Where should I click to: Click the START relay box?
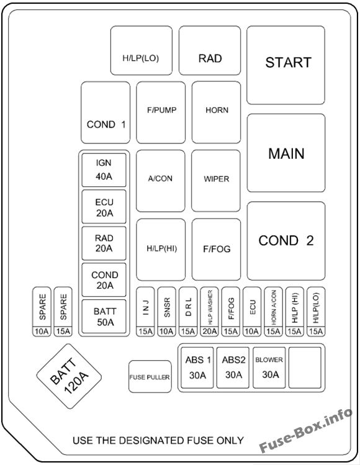[286, 65]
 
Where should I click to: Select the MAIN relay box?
[286, 153]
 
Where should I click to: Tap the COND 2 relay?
[286, 241]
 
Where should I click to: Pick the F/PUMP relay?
[161, 112]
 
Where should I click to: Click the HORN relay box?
[216, 112]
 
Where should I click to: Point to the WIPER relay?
[216, 181]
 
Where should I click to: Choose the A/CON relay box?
[160, 181]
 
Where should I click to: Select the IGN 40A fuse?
[104, 170]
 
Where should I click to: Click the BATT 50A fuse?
[104, 317]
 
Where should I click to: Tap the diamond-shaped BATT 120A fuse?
[69, 376]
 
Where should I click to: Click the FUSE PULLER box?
[150, 377]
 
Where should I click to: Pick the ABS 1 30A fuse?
[197, 368]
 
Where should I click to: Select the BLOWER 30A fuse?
[269, 368]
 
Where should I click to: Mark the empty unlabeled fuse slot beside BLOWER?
[305, 368]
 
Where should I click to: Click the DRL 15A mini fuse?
[188, 312]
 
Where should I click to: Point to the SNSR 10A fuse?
[167, 312]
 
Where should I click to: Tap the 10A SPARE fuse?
[42, 312]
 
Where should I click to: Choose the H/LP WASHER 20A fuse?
[209, 312]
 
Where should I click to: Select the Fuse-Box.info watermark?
[305, 430]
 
